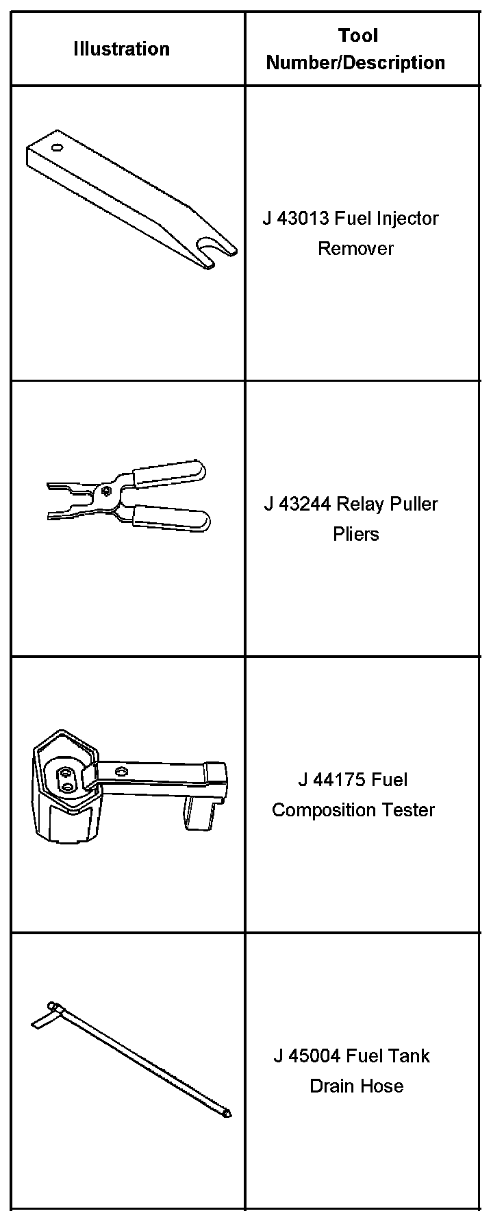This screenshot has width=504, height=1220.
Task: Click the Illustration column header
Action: [121, 49]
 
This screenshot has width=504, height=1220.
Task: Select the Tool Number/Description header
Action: [355, 49]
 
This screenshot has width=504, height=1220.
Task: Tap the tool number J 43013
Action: [295, 219]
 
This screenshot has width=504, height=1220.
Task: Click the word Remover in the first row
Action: [355, 248]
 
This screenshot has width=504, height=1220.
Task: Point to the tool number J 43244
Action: [297, 504]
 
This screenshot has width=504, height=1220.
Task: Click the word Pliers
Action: [356, 534]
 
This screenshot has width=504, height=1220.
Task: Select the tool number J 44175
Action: [330, 780]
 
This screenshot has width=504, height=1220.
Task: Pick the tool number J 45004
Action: [307, 1056]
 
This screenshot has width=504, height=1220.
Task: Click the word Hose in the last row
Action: [385, 1086]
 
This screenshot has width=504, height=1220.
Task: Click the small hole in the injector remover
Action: [56, 147]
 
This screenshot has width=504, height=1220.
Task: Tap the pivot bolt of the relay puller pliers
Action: [105, 489]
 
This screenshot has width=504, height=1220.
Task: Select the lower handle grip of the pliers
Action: [172, 519]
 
